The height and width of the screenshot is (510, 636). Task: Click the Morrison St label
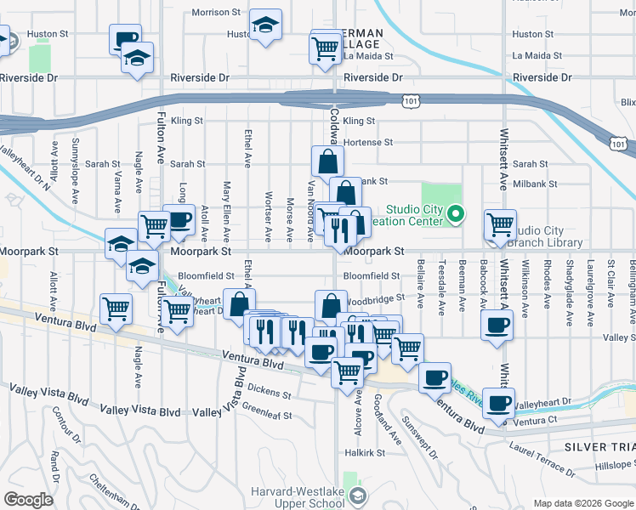[x=217, y=13]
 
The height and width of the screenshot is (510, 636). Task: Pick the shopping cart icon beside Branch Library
[x=500, y=225]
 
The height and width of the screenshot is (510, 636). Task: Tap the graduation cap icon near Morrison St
[x=266, y=25]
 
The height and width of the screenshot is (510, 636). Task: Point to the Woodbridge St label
[x=376, y=300]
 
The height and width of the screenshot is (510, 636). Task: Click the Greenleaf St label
[x=268, y=416]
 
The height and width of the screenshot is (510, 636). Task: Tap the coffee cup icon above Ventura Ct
[x=498, y=403]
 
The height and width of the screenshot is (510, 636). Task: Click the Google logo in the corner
[x=28, y=500]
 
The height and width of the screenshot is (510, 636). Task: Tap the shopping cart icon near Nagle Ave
[x=116, y=310]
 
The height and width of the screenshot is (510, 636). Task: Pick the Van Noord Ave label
[x=312, y=211]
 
